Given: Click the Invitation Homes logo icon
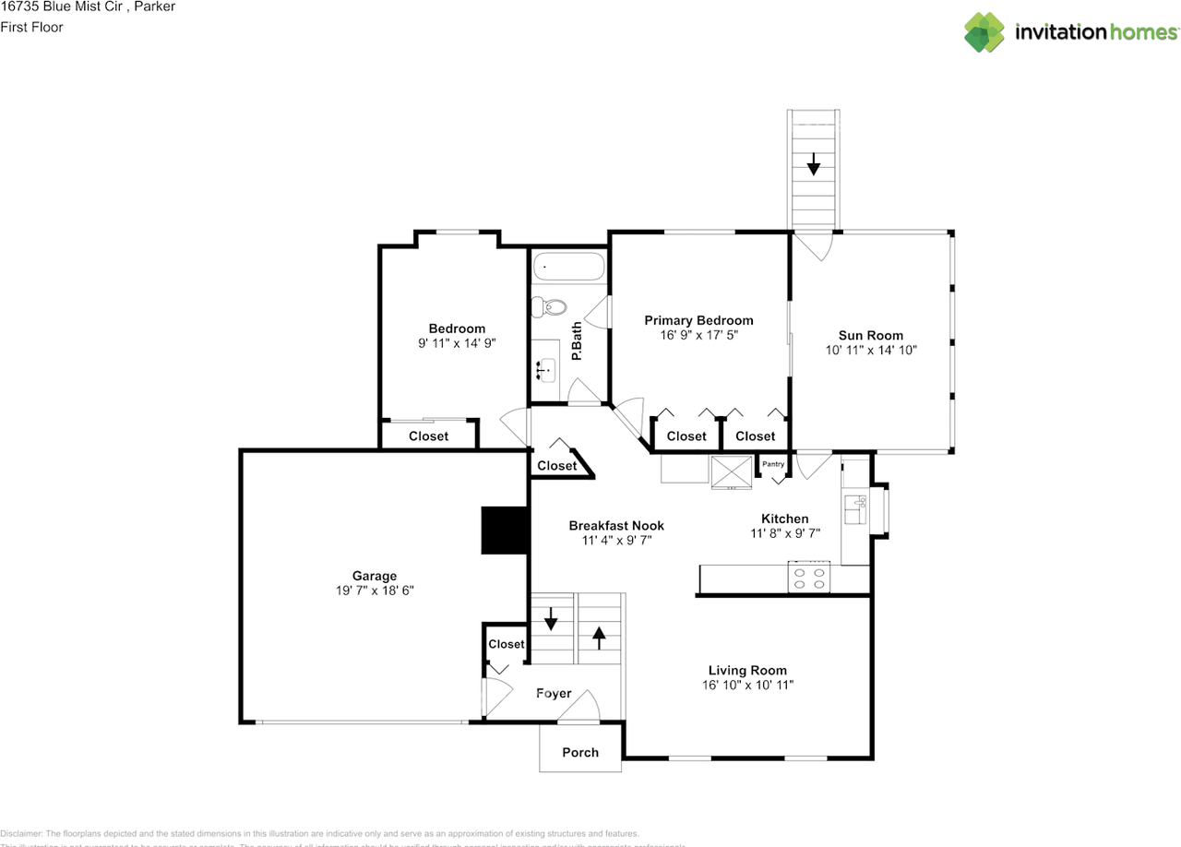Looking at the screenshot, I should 984,32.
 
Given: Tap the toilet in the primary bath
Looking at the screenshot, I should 552,306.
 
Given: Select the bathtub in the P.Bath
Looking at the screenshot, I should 568,268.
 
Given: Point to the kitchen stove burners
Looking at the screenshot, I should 810,578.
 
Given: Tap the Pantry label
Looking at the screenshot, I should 772,464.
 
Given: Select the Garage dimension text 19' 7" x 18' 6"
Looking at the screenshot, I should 375,591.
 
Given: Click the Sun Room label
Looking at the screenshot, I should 870,336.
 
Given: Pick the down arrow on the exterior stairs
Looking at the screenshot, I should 813,165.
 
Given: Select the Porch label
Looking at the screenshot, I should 580,752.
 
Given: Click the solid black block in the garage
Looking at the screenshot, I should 504,531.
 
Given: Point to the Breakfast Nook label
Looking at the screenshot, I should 616,526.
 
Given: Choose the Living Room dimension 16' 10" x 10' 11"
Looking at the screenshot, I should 747,686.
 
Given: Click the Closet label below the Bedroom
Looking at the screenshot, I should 428,436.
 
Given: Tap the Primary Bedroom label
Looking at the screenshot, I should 698,320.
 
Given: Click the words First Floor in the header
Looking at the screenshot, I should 31,27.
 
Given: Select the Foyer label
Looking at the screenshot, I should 554,693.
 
